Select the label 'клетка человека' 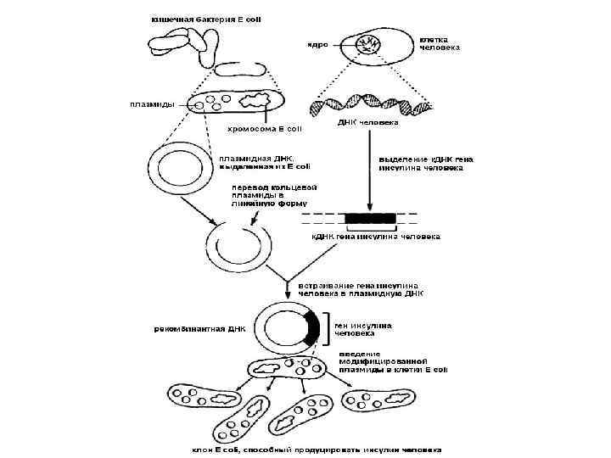click(x=440, y=43)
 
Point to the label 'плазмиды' click(x=152, y=104)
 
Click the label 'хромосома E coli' click(x=264, y=129)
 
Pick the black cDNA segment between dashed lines click(x=369, y=218)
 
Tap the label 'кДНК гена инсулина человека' click(x=376, y=237)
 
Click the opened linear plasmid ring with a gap click(x=240, y=245)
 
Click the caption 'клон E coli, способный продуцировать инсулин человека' click(x=317, y=449)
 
